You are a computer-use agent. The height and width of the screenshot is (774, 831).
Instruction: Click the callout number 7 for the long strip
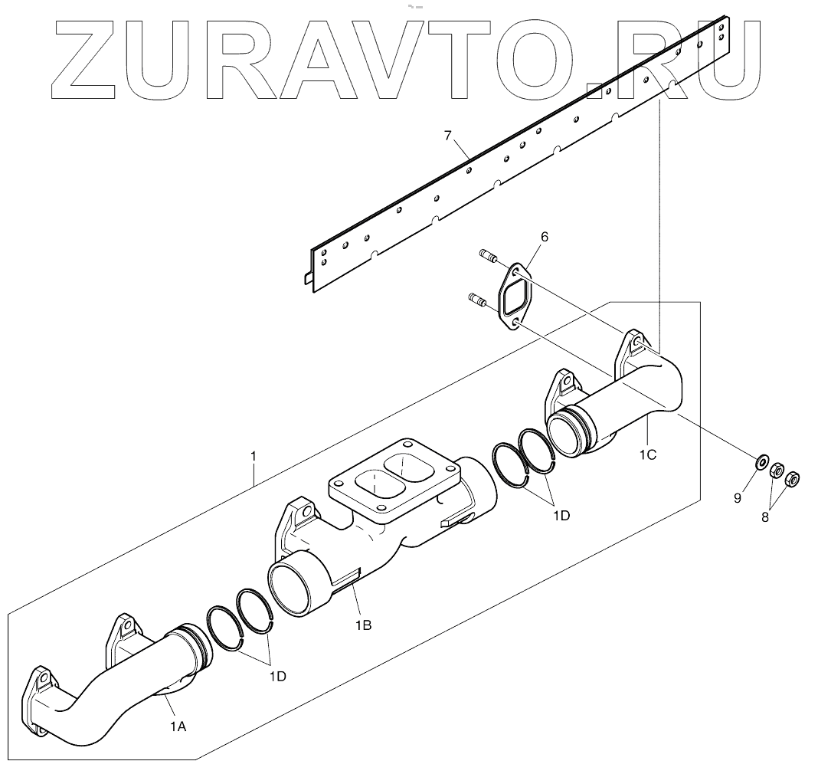coord(448,136)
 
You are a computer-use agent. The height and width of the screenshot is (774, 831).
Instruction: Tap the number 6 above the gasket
coord(545,238)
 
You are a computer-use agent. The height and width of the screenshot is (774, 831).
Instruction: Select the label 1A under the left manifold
coord(178,726)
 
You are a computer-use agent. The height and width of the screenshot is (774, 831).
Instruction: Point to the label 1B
coord(363,625)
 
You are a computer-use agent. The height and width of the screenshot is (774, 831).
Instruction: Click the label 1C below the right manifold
coord(647,454)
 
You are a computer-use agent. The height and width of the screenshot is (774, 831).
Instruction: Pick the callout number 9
coord(738,498)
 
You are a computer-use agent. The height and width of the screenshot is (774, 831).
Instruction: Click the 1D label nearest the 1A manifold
coord(277,677)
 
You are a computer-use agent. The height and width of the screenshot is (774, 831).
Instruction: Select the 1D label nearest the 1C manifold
coord(561,516)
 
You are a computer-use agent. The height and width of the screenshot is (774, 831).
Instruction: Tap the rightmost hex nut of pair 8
coord(793,480)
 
